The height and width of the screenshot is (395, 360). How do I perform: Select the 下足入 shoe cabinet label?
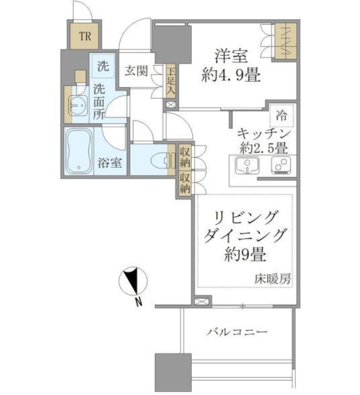coord(170,82)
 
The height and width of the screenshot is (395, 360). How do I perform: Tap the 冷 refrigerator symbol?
coord(282,116)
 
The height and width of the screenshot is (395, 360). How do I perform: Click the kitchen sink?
coord(247,165)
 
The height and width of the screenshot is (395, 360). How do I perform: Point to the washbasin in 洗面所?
coord(76,106)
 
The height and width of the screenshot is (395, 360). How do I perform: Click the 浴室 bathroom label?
coord(109,163)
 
